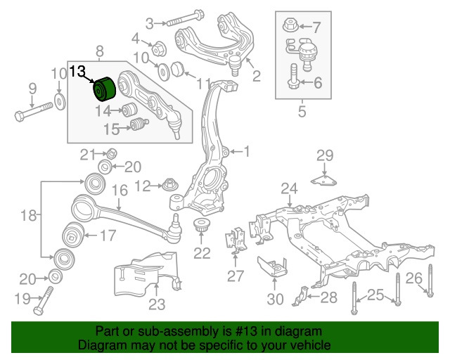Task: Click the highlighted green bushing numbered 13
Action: [104, 89]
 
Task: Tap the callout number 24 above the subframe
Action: [290, 188]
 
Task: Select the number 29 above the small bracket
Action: [324, 155]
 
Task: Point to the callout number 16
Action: [120, 190]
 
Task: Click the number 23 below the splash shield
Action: [156, 304]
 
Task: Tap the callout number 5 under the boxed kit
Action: [302, 110]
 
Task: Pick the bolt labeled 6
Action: [292, 79]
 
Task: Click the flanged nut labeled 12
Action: [169, 186]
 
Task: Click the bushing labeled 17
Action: [72, 235]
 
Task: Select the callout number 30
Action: [276, 299]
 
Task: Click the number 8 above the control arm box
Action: [99, 51]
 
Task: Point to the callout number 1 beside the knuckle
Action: [246, 150]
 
